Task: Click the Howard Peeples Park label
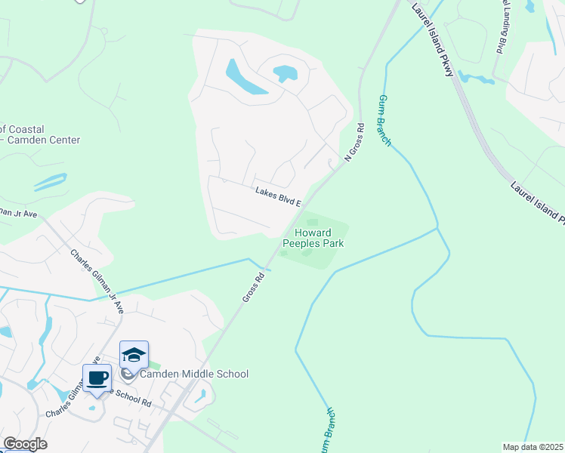313,237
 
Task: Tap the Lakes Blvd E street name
278,198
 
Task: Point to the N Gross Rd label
354,142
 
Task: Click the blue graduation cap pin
134,355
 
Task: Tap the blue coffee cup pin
97,377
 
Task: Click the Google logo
24,444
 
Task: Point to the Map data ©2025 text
533,447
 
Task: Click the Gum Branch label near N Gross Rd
384,120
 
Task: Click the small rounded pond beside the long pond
285,73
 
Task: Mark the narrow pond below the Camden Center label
50,182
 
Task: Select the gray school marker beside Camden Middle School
129,374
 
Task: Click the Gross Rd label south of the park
254,288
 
